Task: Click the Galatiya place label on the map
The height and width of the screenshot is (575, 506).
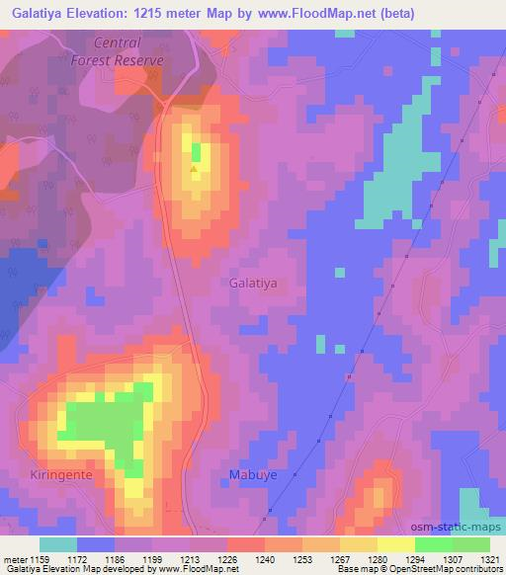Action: point(253,282)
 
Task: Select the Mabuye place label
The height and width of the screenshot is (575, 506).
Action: point(251,475)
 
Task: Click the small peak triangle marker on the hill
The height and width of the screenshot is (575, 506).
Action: point(194,168)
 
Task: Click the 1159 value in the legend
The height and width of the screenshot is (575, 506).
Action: point(40,558)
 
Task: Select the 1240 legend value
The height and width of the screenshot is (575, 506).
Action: point(265,558)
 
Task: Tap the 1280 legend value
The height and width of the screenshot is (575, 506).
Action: point(377,558)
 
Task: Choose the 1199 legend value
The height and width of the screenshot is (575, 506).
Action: point(152,558)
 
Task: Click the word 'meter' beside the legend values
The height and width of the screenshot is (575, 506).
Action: point(14,558)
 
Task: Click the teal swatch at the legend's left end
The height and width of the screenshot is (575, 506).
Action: point(58,544)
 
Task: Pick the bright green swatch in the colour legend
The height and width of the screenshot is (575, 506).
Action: point(434,544)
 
